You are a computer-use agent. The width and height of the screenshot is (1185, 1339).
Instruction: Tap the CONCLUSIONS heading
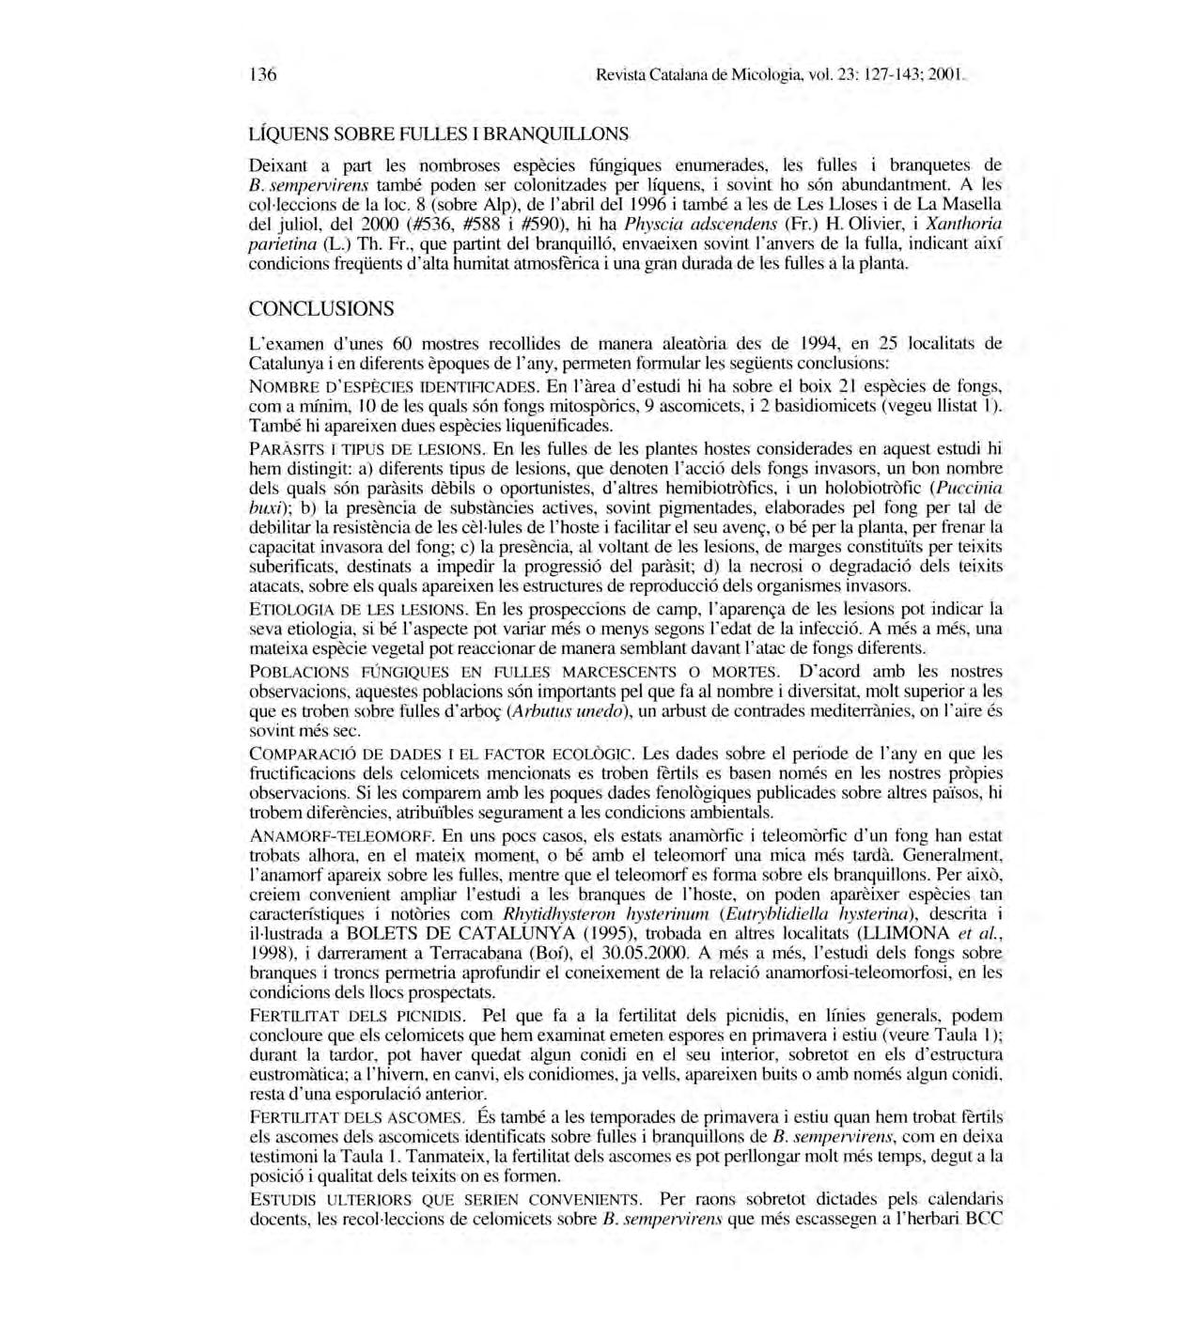(321, 308)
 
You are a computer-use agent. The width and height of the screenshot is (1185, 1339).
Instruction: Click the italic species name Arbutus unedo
(566, 711)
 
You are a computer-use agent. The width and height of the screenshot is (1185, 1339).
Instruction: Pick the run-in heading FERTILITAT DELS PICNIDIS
(356, 1017)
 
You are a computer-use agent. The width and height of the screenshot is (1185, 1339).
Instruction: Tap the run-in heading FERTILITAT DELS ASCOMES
(356, 1118)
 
